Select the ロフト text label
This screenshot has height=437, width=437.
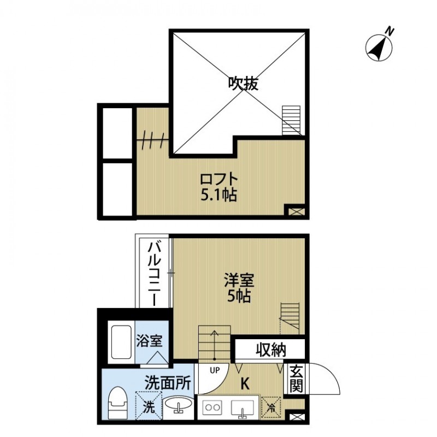[x=219, y=179]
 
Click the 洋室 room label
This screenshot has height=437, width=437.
[x=239, y=280]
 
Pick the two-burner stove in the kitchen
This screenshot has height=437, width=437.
[x=214, y=407]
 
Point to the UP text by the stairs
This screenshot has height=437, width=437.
[x=215, y=370]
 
